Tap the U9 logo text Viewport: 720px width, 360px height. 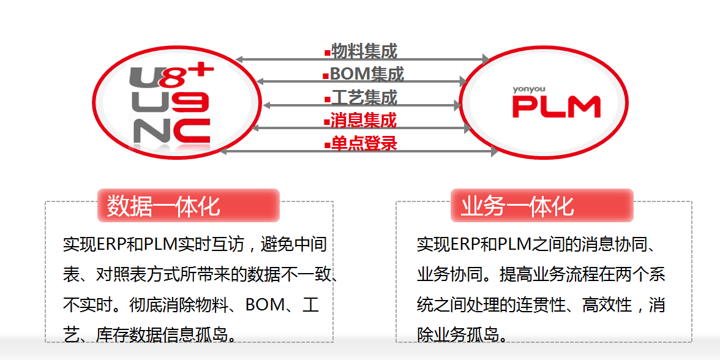(x=171, y=102)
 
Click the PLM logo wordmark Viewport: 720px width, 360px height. (x=556, y=107)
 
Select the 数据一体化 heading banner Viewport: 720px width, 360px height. (x=188, y=206)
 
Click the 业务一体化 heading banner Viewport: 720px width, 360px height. (x=542, y=206)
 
